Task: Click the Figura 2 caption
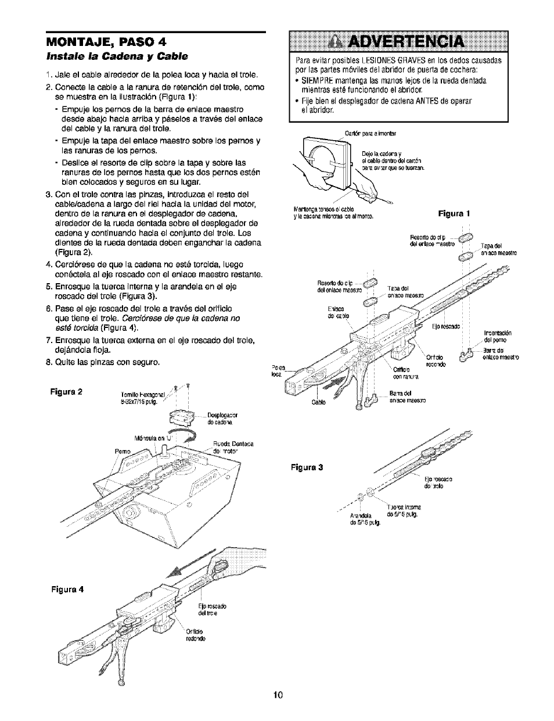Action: (66, 391)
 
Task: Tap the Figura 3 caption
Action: (307, 466)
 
